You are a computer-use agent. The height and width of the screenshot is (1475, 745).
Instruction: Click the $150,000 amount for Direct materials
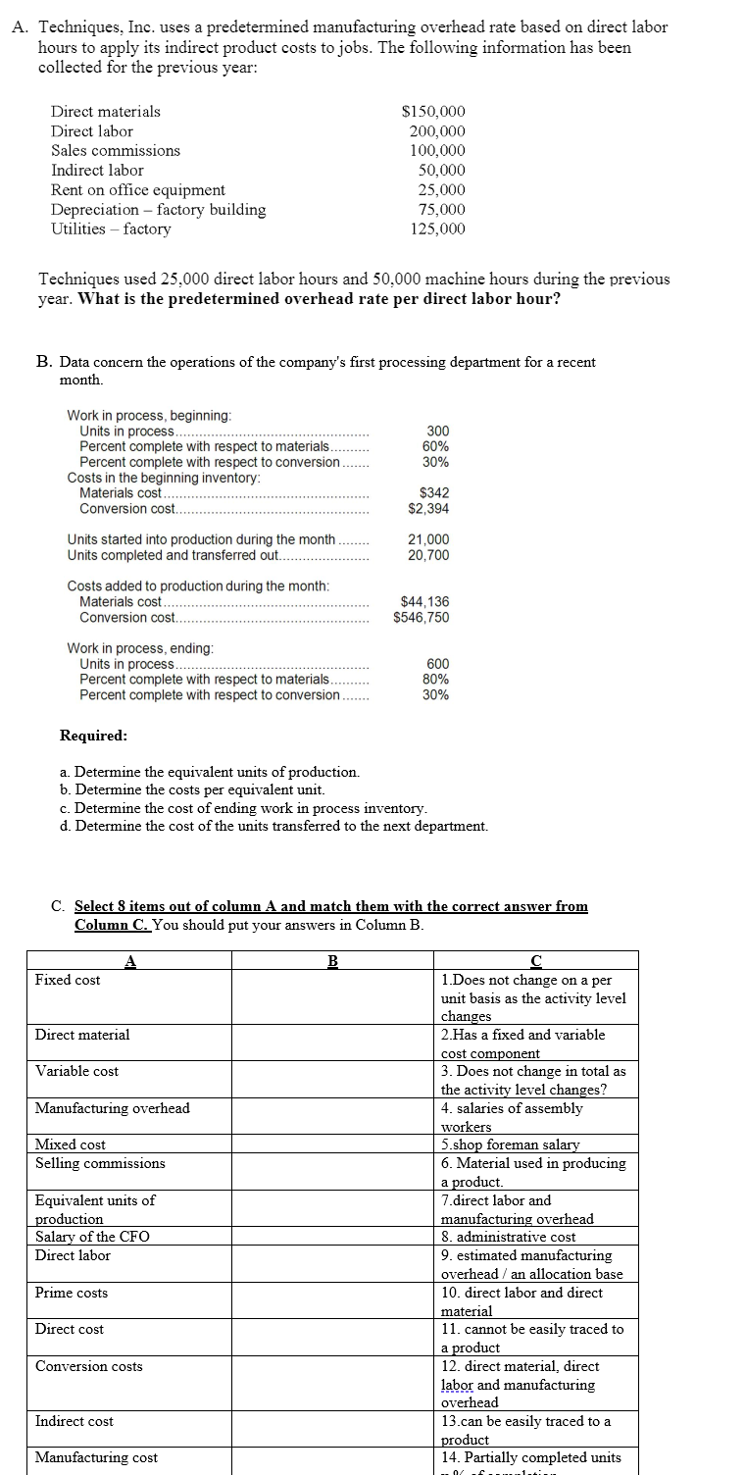click(434, 112)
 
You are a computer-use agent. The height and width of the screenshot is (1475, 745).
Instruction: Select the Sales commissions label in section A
click(116, 151)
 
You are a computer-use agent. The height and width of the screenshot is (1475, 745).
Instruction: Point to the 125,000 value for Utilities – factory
click(438, 229)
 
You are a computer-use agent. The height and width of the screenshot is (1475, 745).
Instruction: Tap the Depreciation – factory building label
click(158, 210)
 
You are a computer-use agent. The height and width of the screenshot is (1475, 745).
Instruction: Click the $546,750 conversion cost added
click(422, 618)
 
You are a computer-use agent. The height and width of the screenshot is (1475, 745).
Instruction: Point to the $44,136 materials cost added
click(425, 602)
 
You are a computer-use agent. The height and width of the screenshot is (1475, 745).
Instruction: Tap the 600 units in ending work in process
click(438, 664)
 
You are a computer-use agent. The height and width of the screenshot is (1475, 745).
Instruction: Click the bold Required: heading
click(93, 736)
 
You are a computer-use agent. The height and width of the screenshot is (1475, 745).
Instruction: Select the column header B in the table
click(331, 961)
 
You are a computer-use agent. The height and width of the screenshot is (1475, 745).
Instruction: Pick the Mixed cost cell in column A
click(71, 1144)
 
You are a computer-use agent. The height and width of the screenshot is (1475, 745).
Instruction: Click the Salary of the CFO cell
click(92, 1237)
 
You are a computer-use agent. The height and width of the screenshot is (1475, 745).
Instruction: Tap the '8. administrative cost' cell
click(509, 1237)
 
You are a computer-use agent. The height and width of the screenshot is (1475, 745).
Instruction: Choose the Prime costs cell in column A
click(72, 1293)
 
